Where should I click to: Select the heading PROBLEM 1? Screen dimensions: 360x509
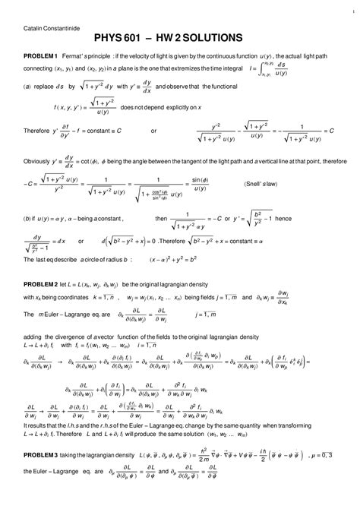tap(41, 57)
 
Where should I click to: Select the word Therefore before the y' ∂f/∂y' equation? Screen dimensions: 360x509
tap(39, 131)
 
